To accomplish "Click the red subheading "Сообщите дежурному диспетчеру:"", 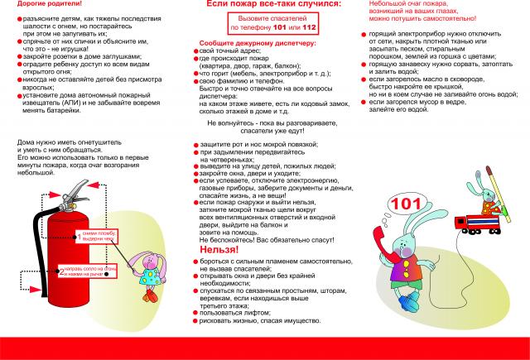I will (245, 41).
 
